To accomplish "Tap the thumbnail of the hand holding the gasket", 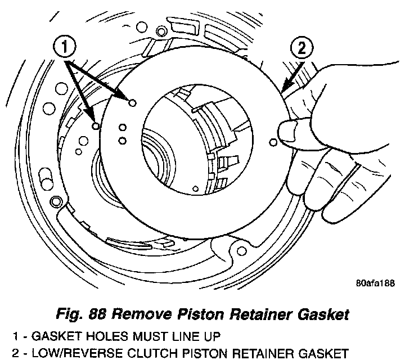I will click(x=287, y=133).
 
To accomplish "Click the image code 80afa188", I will click(x=375, y=283).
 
